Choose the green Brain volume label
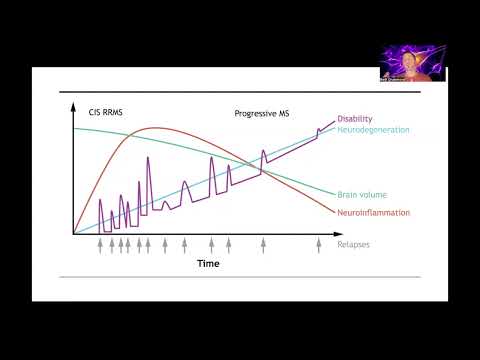[359, 194]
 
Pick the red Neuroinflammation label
[369, 212]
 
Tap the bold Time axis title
[207, 264]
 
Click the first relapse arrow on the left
[100, 243]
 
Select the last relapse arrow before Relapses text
[318, 243]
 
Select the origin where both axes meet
[73, 234]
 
